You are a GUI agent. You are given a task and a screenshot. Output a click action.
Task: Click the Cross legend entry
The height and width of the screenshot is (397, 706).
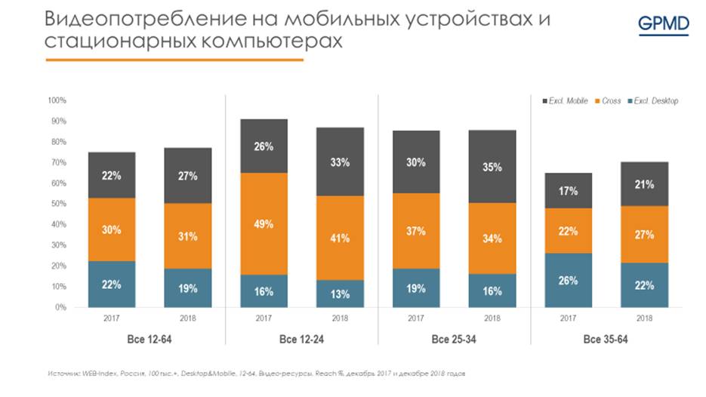coord(611,101)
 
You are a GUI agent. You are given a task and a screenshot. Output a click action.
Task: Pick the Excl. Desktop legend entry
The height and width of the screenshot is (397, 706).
coord(655,101)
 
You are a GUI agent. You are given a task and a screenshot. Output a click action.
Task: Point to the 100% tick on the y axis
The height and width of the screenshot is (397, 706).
coord(57,100)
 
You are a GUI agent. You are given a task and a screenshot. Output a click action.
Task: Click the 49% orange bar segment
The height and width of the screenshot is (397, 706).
coord(264,223)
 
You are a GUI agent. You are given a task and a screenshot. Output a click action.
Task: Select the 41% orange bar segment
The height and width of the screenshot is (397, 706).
coord(340,238)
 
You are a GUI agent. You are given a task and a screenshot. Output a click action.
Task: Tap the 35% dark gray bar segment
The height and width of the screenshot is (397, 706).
coord(492,167)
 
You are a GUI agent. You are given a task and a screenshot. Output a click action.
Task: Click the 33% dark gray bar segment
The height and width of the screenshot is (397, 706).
coord(340,162)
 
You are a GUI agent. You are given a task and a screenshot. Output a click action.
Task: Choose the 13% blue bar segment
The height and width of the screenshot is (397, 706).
coord(340,294)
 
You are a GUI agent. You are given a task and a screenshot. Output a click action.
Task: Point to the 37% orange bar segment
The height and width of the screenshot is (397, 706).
coord(415,231)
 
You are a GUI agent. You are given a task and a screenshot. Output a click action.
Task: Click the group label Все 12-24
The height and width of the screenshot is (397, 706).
coord(301,340)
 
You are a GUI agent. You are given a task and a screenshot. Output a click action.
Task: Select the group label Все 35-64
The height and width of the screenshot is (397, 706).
coord(606,340)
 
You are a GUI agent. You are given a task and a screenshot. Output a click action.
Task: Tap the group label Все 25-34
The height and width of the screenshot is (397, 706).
coord(454,340)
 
